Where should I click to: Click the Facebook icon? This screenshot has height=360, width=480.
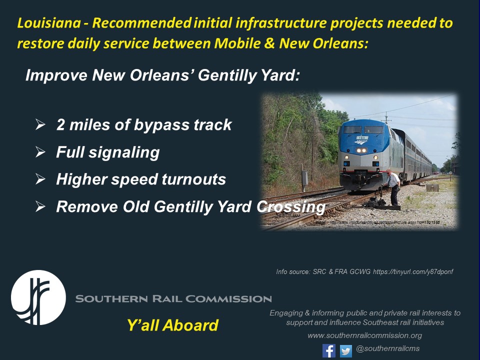[328, 350]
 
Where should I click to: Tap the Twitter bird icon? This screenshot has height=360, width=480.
[346, 351]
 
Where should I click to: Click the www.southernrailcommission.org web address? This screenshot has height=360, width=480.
[364, 335]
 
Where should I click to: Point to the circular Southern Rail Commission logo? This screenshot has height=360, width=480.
[38, 298]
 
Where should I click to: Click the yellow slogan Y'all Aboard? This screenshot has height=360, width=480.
[172, 326]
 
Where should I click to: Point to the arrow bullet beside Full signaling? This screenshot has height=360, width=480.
[40, 151]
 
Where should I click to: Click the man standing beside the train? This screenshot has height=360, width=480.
[393, 186]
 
